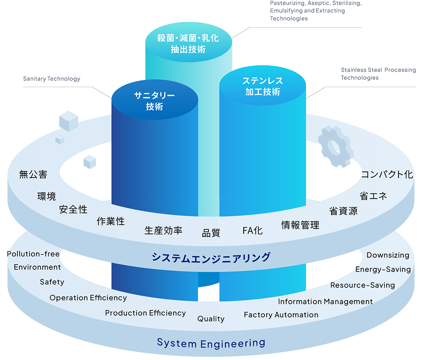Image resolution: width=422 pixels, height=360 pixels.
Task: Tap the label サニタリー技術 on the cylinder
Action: (154, 101)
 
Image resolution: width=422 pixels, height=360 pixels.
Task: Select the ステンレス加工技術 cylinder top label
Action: (262, 86)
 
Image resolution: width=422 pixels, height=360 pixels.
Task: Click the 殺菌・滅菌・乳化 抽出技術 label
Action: (188, 44)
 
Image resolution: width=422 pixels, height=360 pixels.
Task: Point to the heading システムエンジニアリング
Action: (211, 257)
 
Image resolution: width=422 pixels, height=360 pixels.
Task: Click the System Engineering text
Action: (211, 343)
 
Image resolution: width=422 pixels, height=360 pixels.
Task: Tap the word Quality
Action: (211, 319)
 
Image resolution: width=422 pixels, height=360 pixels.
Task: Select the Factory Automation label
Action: (281, 314)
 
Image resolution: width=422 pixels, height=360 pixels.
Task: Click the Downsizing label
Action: (388, 255)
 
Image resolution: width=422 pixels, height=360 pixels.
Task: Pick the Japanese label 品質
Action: (211, 233)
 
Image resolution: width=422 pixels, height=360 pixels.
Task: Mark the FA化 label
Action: (252, 230)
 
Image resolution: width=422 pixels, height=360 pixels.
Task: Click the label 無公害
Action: (33, 175)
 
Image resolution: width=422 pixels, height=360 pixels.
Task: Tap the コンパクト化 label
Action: (387, 175)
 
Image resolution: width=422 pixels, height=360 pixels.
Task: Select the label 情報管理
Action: (300, 225)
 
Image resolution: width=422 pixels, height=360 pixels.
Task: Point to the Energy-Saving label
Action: (383, 269)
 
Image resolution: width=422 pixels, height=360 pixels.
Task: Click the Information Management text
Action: (325, 301)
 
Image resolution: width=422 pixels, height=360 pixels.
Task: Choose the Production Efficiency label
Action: (145, 313)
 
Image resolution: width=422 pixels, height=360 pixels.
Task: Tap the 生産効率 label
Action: (163, 230)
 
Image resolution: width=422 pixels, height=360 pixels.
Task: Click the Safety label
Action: (52, 282)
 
